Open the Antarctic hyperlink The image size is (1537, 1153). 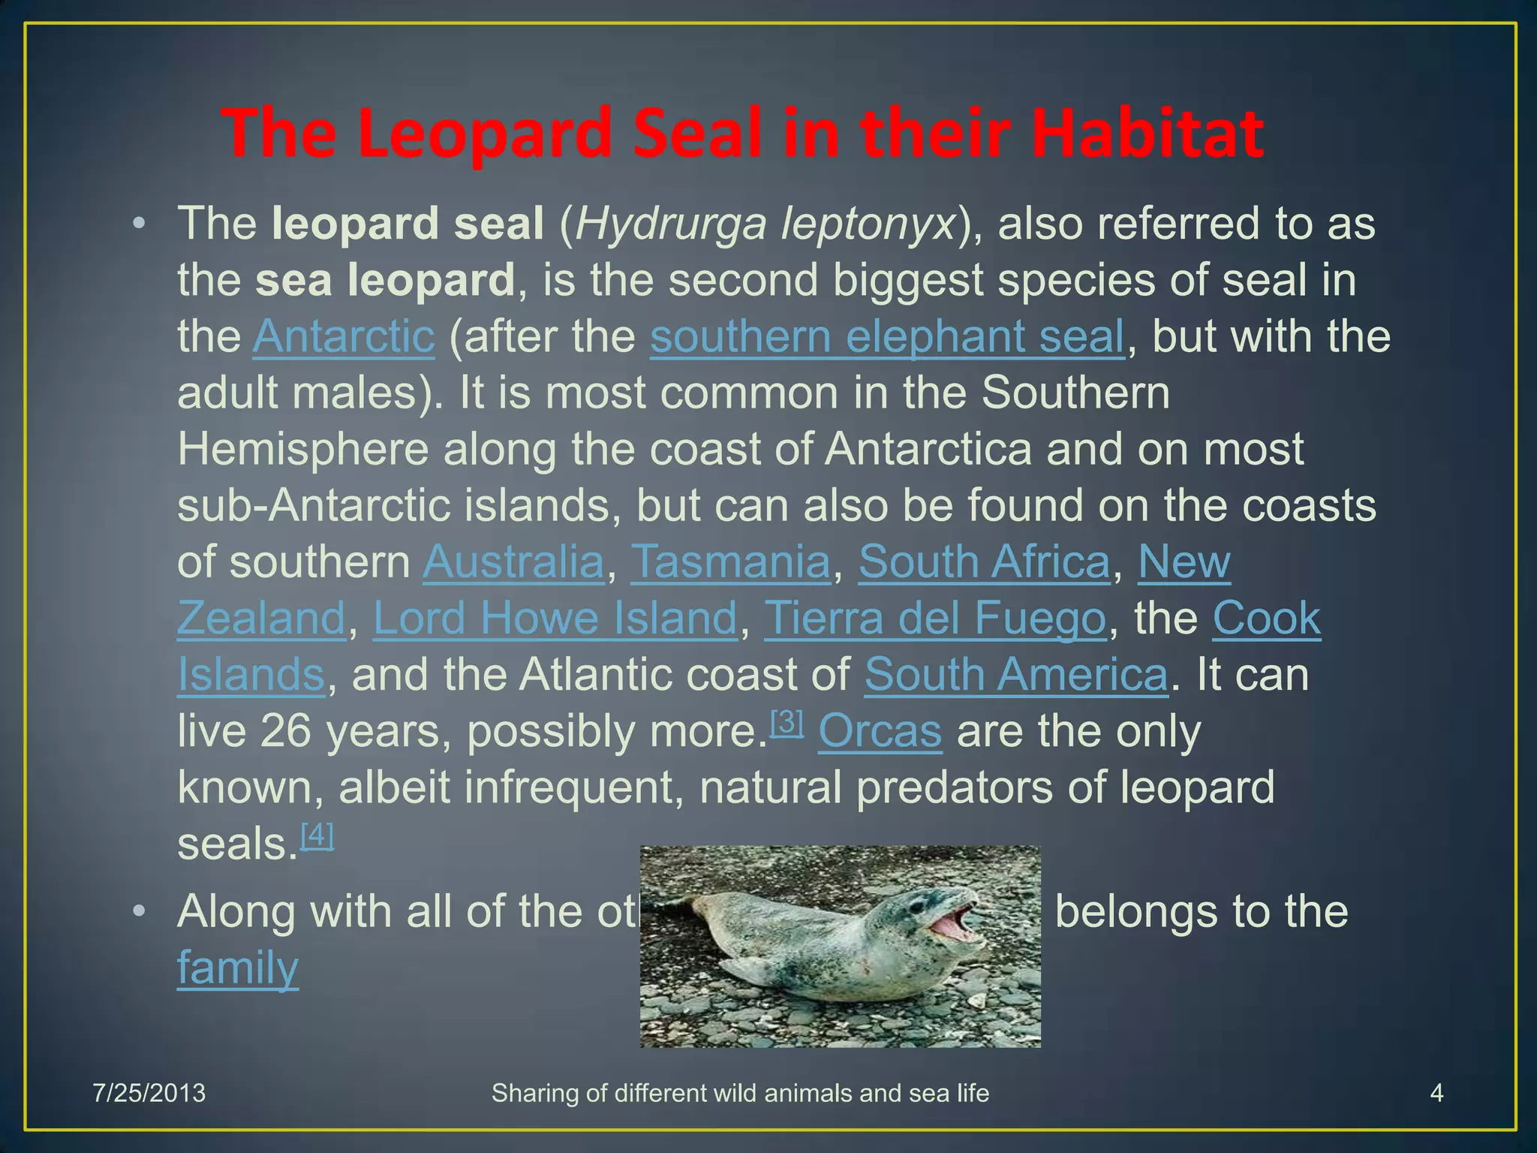coord(344,336)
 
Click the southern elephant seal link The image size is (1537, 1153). coord(887,336)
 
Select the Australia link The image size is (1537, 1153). coord(513,561)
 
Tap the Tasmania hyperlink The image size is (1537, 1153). coord(730,561)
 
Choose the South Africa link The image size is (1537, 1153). coord(984,561)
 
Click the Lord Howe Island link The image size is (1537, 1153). coord(555,618)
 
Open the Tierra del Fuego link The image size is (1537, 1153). coord(935,618)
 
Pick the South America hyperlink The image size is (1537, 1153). coord(1016,674)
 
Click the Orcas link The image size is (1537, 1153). coord(880,731)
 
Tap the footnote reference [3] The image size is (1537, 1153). coord(787,722)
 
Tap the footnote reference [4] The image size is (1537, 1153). coord(317,835)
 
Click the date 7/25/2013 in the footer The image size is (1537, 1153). coord(149,1093)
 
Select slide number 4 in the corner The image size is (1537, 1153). coord(1436,1093)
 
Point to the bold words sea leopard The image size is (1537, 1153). coord(384,280)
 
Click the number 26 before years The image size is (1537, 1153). coord(285,731)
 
